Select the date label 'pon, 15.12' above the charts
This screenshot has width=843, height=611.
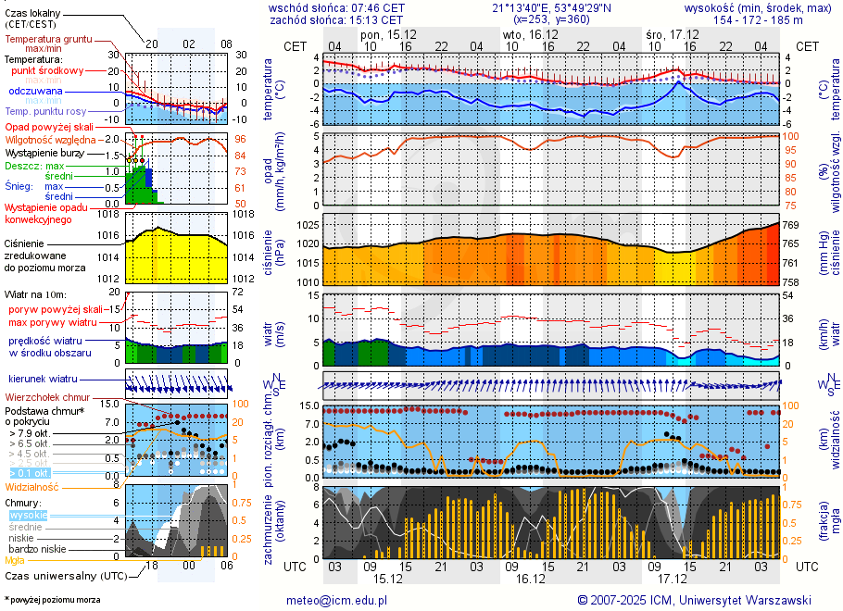(x=388, y=34)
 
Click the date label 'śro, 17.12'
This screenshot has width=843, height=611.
(x=672, y=34)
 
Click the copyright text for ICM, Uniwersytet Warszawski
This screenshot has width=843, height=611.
(x=694, y=600)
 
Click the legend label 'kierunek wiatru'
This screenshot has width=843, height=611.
(x=44, y=379)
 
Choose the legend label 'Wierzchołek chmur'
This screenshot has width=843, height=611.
(x=45, y=397)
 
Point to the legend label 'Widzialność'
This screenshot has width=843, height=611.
(x=32, y=486)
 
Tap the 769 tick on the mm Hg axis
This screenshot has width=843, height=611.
(x=790, y=225)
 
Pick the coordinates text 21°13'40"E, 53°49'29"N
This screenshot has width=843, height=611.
(x=551, y=7)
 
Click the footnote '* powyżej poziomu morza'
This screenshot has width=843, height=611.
(x=52, y=600)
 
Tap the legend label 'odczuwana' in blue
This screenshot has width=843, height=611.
(x=36, y=91)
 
